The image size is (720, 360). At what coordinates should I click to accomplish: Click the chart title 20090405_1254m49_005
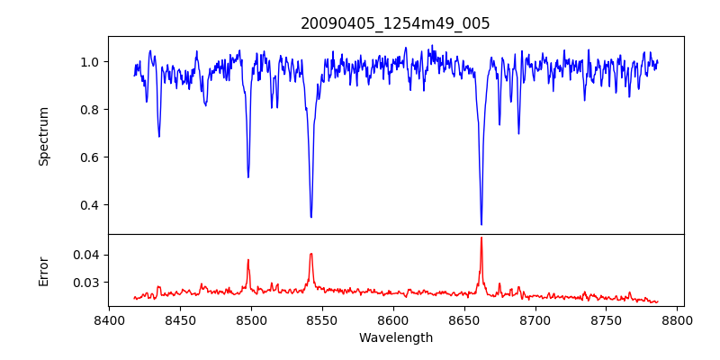coord(395,23)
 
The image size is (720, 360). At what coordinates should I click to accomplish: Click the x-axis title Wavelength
coord(395,337)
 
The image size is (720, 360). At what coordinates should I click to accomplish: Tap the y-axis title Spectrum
coord(44,136)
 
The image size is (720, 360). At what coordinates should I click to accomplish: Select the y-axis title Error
coord(44,271)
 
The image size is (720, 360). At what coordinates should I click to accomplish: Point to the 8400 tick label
coord(109,319)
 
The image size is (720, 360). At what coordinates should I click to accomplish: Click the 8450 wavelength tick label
coord(180,319)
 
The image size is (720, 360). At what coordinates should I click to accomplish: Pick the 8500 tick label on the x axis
coord(251,319)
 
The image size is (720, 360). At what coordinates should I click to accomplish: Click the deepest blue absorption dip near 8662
coord(481,224)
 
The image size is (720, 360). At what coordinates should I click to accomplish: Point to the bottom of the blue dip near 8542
coord(311,217)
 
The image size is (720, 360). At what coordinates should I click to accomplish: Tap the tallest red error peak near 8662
coord(481,238)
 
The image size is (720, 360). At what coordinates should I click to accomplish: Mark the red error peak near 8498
coord(248,260)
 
